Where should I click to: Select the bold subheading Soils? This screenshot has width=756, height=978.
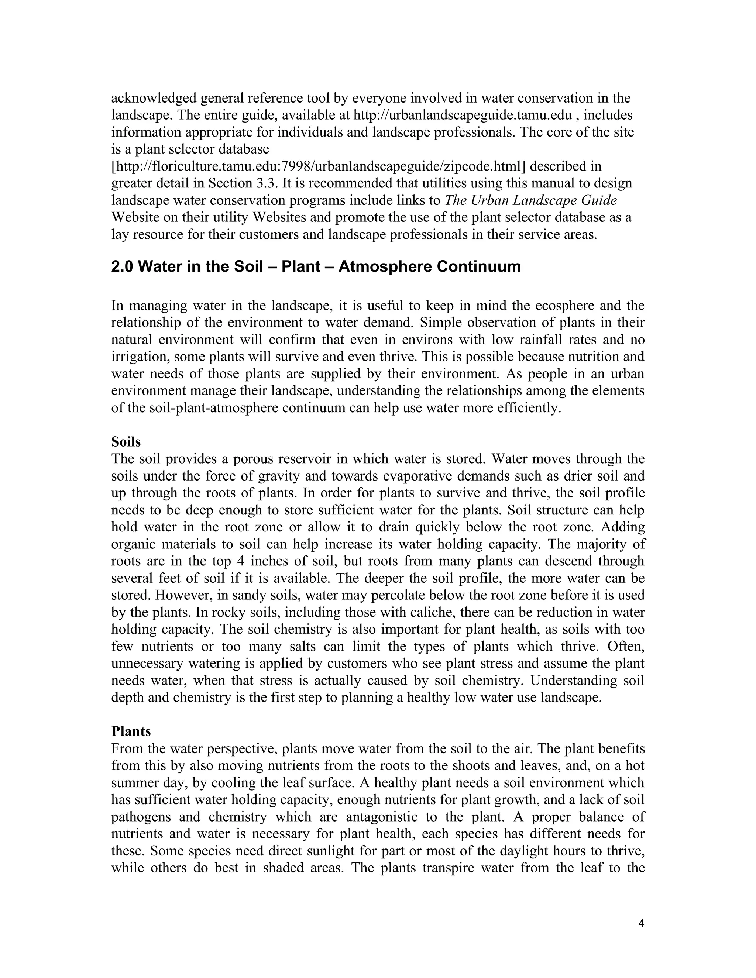(x=126, y=442)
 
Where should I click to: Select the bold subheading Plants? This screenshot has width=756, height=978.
(x=131, y=731)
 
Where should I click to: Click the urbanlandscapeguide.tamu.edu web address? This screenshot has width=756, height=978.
(x=463, y=115)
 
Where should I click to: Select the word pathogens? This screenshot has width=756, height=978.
(x=141, y=817)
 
